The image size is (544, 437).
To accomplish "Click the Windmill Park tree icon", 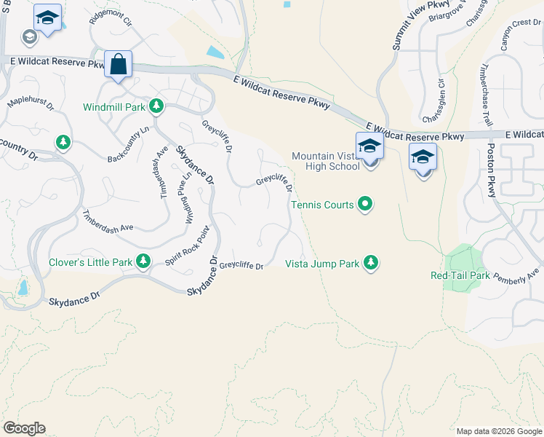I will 156,107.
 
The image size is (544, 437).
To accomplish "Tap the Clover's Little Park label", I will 90,262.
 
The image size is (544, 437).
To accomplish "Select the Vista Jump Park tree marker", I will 371,262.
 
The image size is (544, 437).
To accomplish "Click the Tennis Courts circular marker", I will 366,205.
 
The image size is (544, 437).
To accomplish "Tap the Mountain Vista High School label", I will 325,161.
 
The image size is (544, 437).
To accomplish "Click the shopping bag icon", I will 118,64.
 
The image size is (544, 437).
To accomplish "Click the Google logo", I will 24,428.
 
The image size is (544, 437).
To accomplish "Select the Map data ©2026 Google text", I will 498,430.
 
